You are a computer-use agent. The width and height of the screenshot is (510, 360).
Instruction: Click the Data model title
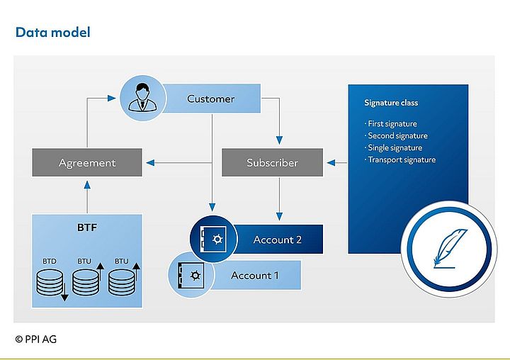tap(52, 32)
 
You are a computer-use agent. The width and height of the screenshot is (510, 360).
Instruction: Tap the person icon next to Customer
tap(142, 100)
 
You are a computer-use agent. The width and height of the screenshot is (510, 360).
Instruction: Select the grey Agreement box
tap(87, 163)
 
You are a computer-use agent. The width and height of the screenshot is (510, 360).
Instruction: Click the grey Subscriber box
tap(272, 163)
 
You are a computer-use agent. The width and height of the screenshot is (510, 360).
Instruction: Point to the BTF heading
tap(87, 229)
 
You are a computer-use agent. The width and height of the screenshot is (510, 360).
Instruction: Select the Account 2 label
tap(278, 240)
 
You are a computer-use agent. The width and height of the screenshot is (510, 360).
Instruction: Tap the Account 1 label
tap(255, 275)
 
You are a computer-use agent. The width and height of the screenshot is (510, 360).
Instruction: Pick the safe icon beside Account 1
tap(189, 275)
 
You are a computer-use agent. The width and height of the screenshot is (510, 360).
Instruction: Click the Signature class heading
tap(391, 103)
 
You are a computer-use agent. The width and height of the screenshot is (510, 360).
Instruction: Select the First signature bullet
tap(391, 124)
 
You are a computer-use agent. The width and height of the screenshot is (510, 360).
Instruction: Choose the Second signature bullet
tap(396, 136)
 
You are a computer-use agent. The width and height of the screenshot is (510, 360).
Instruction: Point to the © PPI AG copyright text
tap(35, 339)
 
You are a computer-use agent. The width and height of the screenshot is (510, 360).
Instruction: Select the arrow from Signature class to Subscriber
tap(336, 163)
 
